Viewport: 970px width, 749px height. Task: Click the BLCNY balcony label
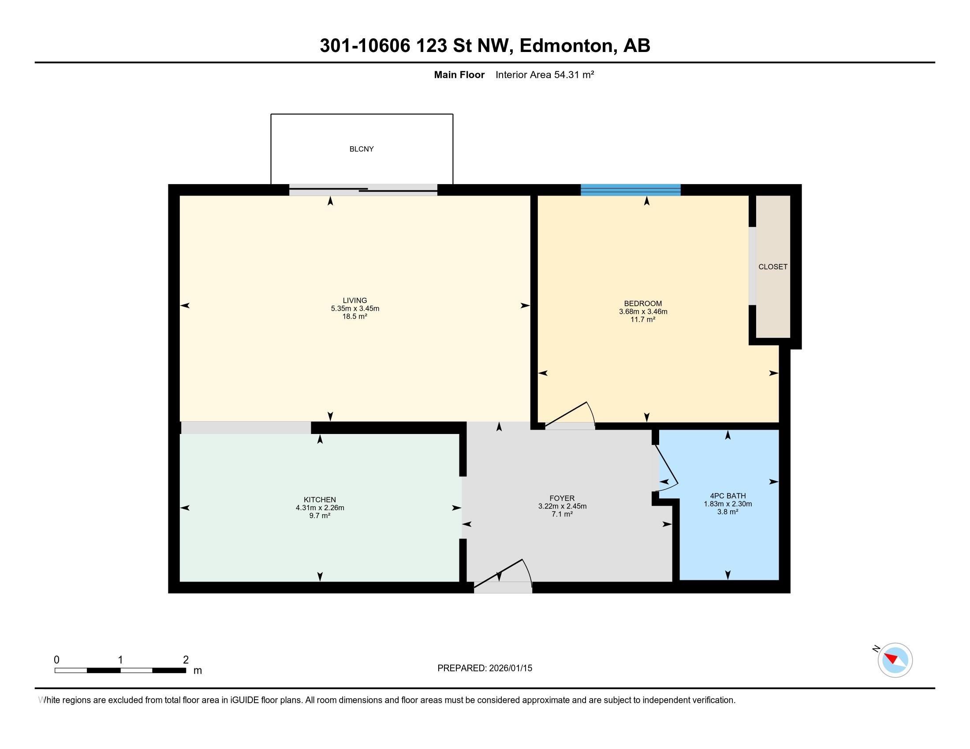tap(362, 149)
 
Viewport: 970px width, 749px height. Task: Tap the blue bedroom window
tap(630, 190)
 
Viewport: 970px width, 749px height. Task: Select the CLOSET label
tap(773, 267)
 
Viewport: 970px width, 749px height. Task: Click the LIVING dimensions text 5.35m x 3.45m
tap(355, 308)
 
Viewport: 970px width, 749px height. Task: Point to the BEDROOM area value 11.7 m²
tap(643, 319)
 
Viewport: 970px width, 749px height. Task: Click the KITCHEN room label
tap(320, 500)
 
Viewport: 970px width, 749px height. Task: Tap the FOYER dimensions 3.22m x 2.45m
tap(562, 506)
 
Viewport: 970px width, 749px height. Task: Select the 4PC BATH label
tap(727, 496)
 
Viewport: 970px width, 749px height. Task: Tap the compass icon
tap(895, 660)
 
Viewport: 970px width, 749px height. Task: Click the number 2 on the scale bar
tap(186, 660)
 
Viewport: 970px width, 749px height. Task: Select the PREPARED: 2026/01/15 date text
tap(485, 668)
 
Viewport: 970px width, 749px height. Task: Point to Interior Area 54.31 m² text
tap(545, 75)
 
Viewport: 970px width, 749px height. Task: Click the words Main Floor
tap(459, 75)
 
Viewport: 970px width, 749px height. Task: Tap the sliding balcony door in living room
tap(363, 190)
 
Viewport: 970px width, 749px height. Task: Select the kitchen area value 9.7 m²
tap(320, 515)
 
